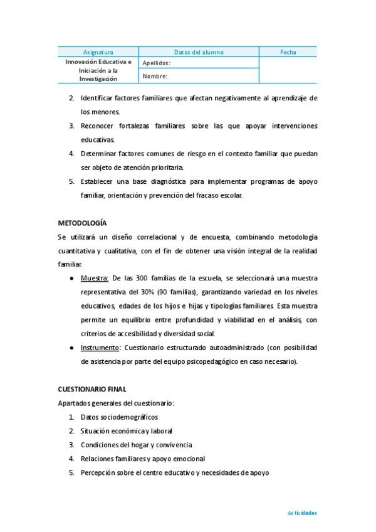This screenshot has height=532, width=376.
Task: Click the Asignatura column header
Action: [98, 52]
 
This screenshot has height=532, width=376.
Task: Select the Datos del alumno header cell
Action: [198, 52]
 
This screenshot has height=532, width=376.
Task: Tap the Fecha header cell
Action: [288, 52]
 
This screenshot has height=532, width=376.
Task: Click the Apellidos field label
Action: [156, 63]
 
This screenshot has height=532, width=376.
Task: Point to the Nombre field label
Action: [155, 77]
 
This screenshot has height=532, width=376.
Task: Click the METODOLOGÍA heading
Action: [82, 223]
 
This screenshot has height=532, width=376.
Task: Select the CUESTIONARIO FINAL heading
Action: [92, 389]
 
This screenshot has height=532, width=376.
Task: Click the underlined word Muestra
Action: [94, 278]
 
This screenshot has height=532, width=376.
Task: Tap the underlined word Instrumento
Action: [100, 348]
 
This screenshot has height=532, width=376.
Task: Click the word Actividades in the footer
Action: [302, 513]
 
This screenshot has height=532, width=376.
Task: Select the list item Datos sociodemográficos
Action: [119, 417]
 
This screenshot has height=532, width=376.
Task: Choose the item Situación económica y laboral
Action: [126, 430]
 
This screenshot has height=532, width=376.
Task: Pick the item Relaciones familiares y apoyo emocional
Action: [142, 459]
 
